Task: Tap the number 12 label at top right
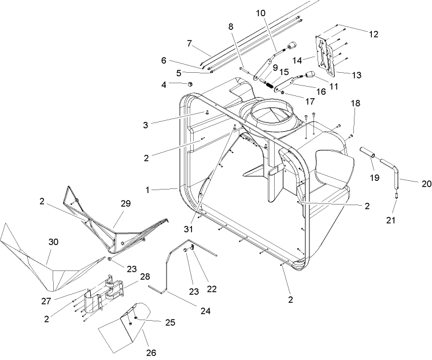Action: [x=373, y=35]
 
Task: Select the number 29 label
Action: [x=125, y=203]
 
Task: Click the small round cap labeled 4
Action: [x=189, y=84]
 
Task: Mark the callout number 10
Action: [x=259, y=13]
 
